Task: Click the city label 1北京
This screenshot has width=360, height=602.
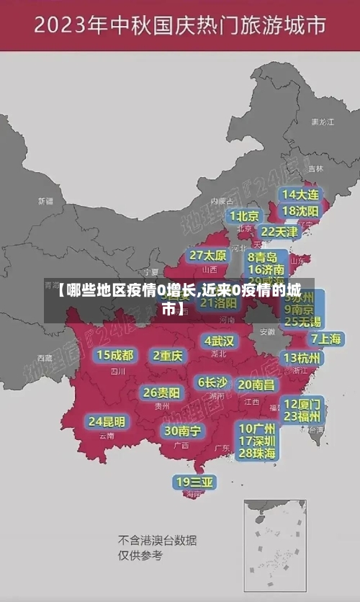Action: click(x=245, y=215)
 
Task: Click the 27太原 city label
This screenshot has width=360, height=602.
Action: click(x=208, y=255)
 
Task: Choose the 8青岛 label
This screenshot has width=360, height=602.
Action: click(x=262, y=257)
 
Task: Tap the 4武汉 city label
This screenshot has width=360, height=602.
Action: click(x=219, y=340)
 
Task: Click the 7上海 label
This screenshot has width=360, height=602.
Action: click(x=325, y=338)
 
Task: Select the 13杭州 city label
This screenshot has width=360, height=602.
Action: click(x=302, y=358)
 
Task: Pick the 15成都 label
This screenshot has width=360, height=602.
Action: click(x=115, y=354)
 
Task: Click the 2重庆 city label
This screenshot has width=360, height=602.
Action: click(x=168, y=355)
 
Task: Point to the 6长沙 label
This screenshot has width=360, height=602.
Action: click(x=212, y=382)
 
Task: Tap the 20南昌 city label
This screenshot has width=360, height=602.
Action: click(x=256, y=385)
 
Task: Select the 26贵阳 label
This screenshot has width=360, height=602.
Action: click(x=162, y=392)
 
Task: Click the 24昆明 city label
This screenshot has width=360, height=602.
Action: click(x=107, y=421)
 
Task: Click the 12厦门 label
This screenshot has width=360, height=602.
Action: click(x=302, y=403)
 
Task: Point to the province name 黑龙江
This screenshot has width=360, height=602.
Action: click(x=322, y=122)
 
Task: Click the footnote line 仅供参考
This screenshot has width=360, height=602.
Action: click(x=140, y=555)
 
